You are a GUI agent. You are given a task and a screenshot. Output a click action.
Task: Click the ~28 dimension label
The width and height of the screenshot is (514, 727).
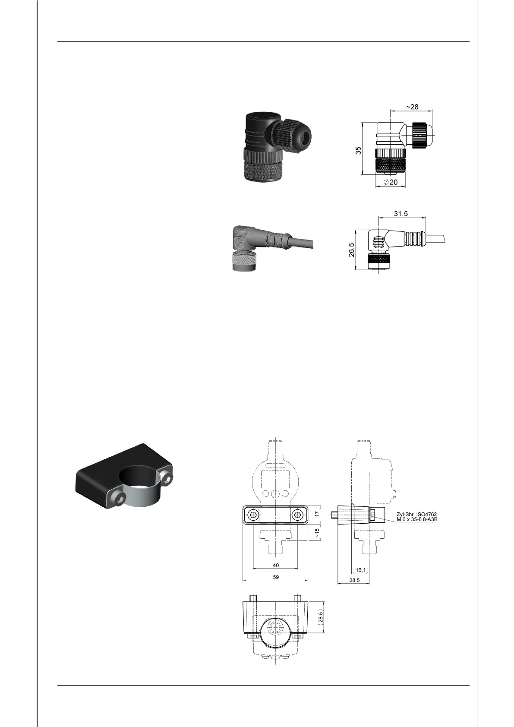[x=412, y=107]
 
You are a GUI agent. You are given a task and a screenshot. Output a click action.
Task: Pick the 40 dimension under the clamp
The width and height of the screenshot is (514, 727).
[x=276, y=565]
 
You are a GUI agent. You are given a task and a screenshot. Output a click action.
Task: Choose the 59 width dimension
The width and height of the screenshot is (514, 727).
[x=276, y=577]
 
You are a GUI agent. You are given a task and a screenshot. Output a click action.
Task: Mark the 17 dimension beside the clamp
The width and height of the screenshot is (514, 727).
[x=317, y=514]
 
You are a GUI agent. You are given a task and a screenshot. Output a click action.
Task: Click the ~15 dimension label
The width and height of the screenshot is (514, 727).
[x=317, y=533]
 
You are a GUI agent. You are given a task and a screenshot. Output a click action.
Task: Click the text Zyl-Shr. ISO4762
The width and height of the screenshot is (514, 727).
[x=416, y=514]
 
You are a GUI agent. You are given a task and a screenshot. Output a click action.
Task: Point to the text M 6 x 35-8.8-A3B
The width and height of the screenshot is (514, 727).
[x=416, y=519]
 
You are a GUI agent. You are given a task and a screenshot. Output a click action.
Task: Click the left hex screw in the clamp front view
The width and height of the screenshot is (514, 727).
[x=253, y=515]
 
